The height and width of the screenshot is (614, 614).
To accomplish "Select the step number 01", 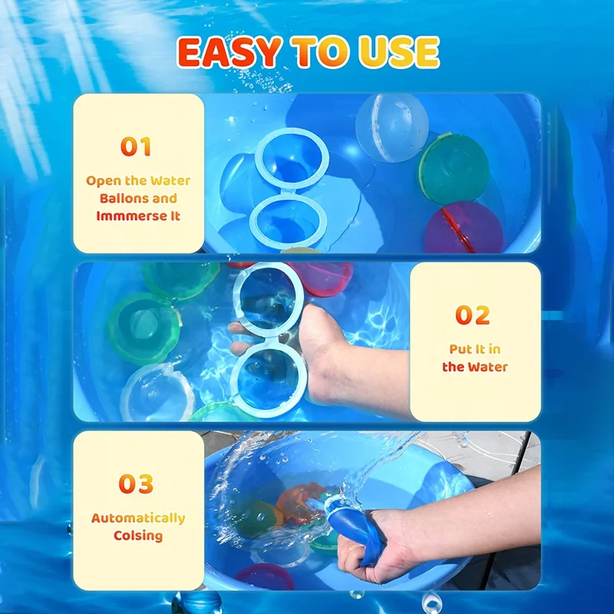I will [x=136, y=147].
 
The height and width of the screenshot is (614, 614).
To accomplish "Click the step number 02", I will [x=473, y=315].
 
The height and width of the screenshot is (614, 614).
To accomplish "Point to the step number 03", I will [x=136, y=484].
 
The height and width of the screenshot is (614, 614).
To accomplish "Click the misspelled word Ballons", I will [x=117, y=198].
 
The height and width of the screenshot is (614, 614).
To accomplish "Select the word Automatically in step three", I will [x=138, y=518].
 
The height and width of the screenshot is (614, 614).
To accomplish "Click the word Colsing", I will [x=138, y=535].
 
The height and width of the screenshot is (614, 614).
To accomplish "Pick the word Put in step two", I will [x=460, y=349].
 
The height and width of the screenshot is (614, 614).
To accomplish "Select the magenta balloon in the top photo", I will [x=464, y=229].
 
